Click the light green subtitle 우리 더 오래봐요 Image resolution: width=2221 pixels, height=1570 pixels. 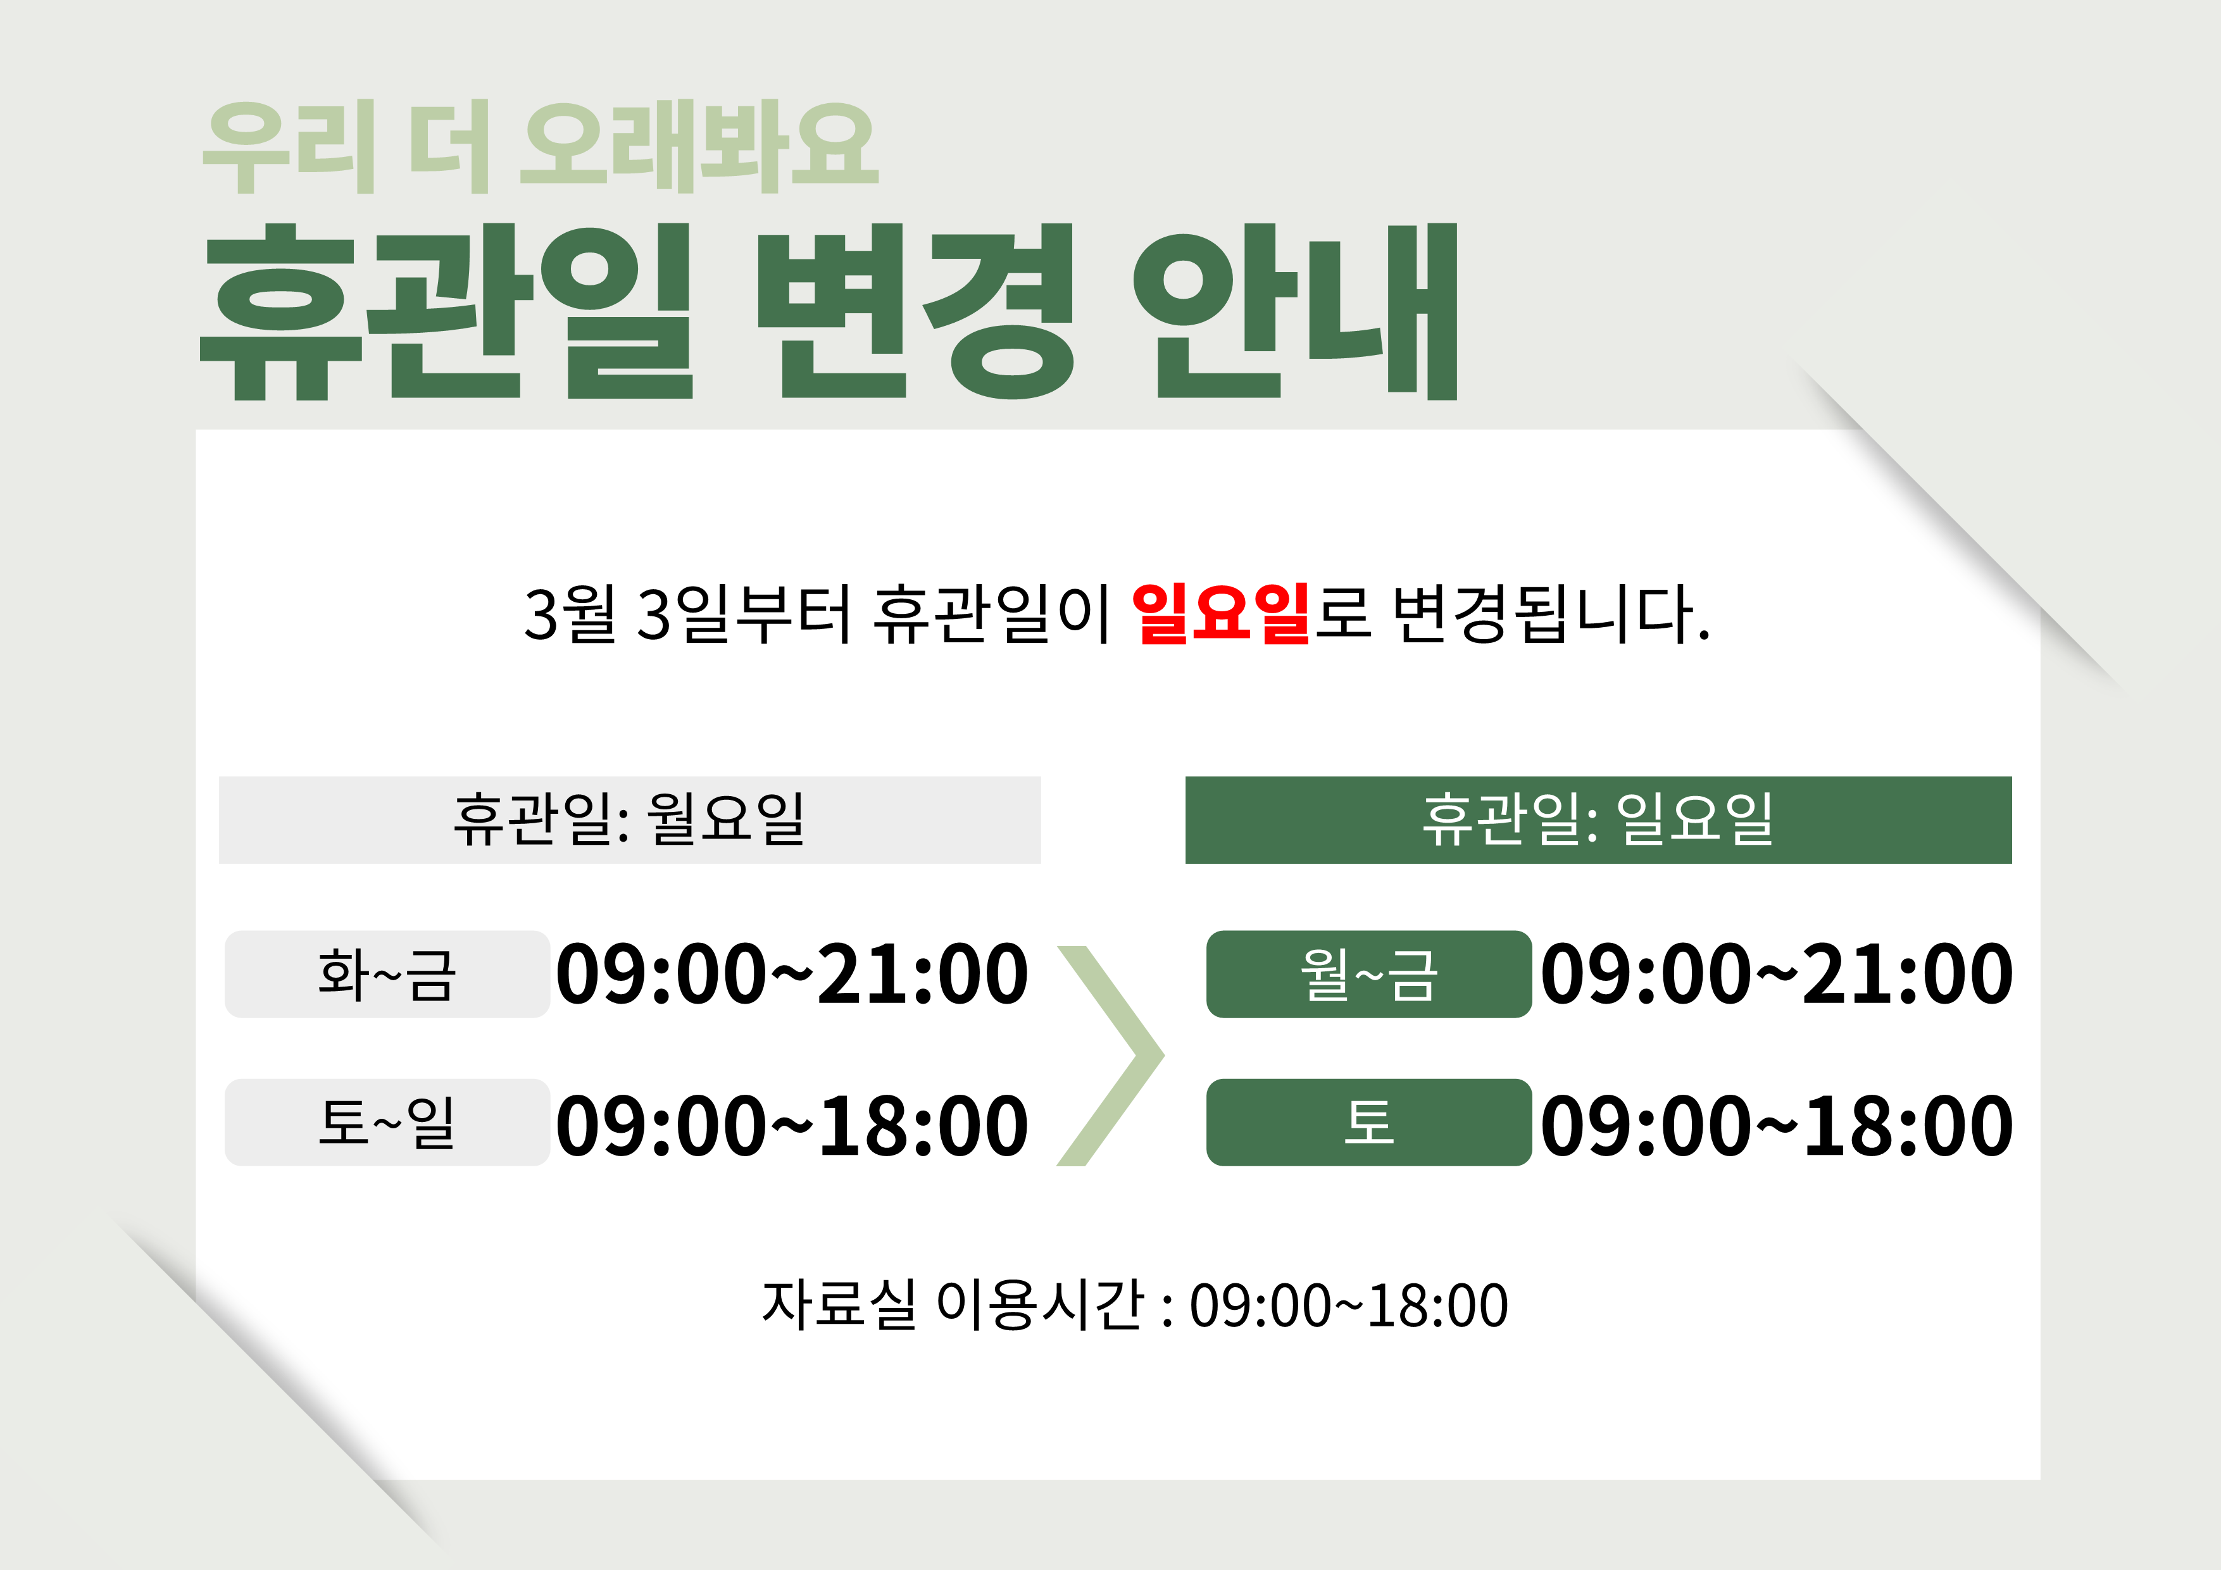(540, 147)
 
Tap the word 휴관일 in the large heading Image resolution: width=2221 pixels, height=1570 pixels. (446, 311)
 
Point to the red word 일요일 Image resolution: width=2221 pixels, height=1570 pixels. (1221, 613)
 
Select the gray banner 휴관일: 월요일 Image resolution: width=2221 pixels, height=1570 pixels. (630, 819)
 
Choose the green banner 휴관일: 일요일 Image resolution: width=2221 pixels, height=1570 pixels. (1598, 819)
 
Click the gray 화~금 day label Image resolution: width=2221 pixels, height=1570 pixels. (387, 973)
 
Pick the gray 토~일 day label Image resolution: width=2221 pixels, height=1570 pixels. (387, 1122)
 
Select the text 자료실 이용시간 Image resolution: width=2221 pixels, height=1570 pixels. (953, 1304)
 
